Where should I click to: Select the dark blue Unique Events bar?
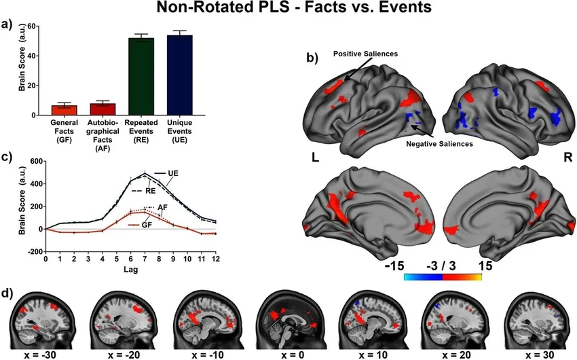pos(180,75)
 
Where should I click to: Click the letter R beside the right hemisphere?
pos(566,156)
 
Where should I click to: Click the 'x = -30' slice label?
pos(41,353)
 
